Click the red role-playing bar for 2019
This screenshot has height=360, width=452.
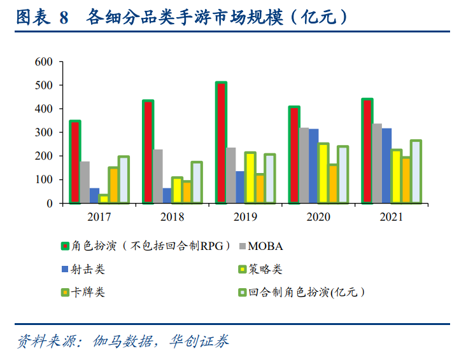click(221, 143)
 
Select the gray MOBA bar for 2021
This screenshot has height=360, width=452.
click(378, 163)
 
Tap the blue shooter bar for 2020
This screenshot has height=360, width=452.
click(314, 166)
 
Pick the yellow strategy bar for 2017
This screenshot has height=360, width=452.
click(104, 199)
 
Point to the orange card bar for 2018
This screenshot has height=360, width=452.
click(187, 193)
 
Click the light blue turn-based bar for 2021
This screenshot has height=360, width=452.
click(416, 172)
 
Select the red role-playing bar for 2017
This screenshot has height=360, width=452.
click(75, 162)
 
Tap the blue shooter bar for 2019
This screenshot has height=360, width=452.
click(240, 187)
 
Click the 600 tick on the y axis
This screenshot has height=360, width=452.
click(43, 62)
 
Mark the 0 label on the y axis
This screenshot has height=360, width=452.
click(48, 204)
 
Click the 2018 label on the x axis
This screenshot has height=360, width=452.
click(173, 217)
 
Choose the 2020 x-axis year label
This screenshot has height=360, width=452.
click(318, 217)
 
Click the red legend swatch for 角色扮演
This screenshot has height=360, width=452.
click(64, 246)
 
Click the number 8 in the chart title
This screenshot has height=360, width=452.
click(63, 18)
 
